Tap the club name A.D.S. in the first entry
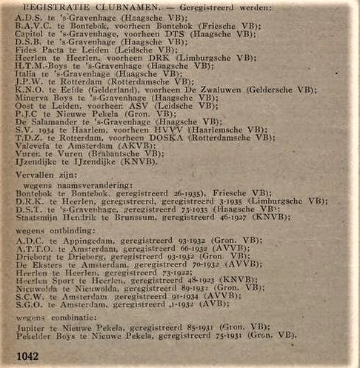(x=28, y=16)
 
